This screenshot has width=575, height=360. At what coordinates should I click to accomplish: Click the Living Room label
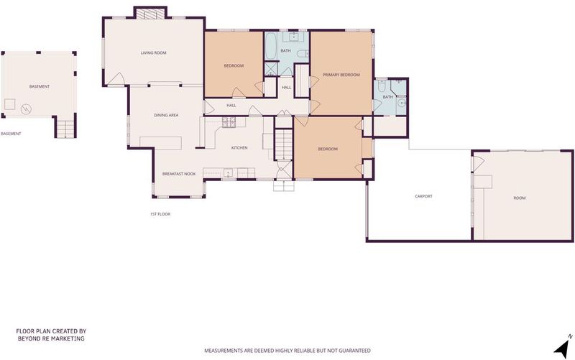tap(153, 52)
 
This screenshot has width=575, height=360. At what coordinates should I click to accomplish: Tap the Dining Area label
tap(166, 115)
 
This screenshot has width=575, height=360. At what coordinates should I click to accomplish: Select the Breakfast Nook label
tap(179, 174)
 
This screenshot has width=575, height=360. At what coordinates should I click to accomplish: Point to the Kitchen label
tap(239, 148)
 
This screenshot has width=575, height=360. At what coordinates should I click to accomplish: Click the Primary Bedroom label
tap(341, 75)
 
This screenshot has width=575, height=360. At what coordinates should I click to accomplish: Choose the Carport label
tap(423, 196)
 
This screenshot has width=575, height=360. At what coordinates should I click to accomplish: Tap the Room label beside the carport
tap(519, 198)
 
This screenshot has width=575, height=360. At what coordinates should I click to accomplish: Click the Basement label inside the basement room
tap(40, 86)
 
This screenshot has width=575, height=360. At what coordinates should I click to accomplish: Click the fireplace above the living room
tap(150, 14)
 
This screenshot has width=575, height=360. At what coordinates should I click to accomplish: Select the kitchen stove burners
tap(229, 122)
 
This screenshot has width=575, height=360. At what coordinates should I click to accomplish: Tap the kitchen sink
tap(228, 172)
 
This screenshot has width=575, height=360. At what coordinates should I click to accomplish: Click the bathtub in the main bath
tap(270, 46)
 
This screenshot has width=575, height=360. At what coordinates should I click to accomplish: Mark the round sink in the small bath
tap(402, 103)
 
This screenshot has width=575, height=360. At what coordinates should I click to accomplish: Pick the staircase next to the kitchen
tap(283, 144)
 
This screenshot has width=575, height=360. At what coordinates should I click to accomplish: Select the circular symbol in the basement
tap(26, 109)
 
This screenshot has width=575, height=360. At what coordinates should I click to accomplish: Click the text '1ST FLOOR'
tap(160, 214)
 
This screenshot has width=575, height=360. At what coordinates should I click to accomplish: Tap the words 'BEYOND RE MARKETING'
tap(51, 338)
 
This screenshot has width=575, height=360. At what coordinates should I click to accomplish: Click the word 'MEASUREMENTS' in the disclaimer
tap(224, 351)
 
